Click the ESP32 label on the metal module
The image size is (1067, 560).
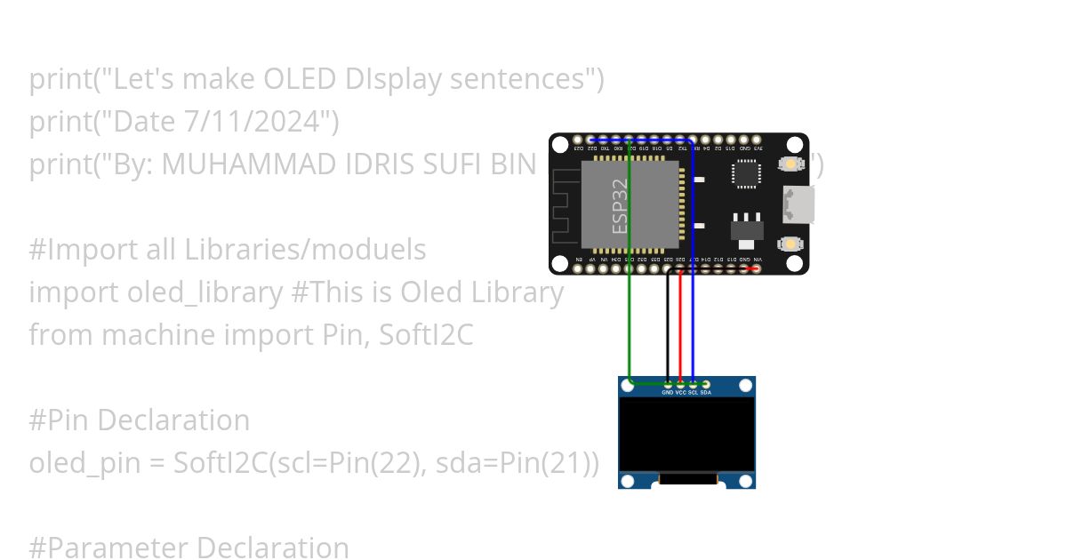(x=621, y=205)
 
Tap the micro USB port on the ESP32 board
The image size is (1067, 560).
(x=798, y=204)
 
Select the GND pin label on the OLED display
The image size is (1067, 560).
(x=668, y=392)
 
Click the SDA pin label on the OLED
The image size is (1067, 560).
(x=705, y=392)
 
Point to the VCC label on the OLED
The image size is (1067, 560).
(x=680, y=392)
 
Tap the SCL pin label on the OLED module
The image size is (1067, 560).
(x=693, y=392)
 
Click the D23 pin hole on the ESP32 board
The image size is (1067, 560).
(x=578, y=140)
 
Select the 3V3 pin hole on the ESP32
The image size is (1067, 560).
(x=757, y=140)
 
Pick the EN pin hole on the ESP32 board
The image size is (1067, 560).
(x=578, y=268)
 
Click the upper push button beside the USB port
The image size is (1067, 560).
(x=789, y=164)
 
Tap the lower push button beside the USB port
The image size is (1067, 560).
(x=789, y=244)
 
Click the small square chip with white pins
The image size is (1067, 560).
(x=748, y=174)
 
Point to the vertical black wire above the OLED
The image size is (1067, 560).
(x=668, y=329)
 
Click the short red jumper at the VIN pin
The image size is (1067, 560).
(x=750, y=268)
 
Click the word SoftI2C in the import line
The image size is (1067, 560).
(x=426, y=335)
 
